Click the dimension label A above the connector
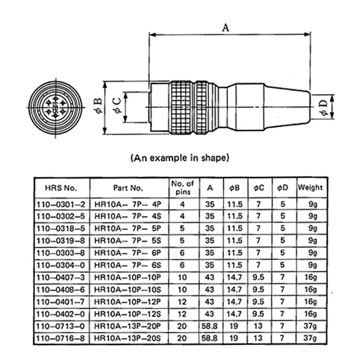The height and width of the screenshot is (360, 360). (226, 27)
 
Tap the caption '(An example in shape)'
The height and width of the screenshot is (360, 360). (180, 158)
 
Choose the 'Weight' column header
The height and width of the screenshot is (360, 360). (310, 188)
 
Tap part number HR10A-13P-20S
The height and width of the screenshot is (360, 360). (128, 337)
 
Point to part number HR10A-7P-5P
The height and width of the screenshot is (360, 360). (128, 228)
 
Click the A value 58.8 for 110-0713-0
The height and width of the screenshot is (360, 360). (210, 325)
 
